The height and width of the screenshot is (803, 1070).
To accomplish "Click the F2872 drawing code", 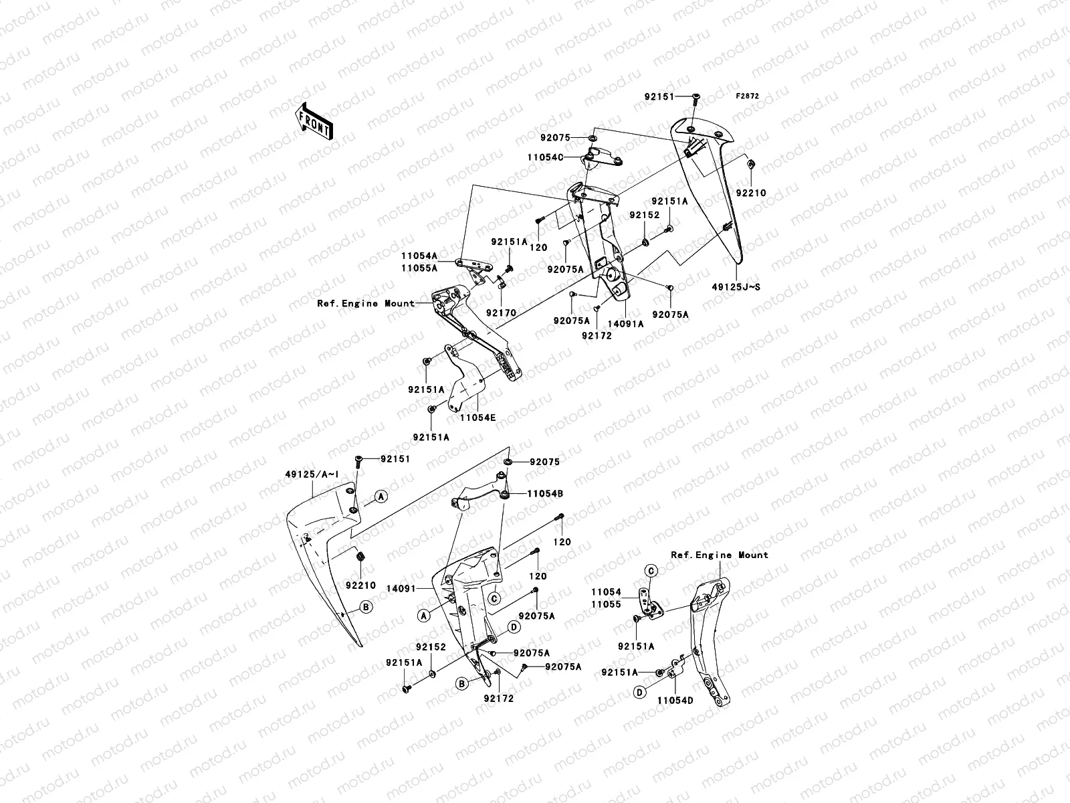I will pos(748,96).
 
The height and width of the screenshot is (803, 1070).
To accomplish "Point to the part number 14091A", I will pos(625,324).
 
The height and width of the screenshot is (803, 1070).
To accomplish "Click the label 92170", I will pos(501,313).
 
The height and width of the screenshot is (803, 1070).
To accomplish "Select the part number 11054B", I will pos(545,493).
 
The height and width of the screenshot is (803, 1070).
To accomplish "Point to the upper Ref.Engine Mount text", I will pos(366,303).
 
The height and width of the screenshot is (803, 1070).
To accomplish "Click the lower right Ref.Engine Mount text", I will pos(720,555).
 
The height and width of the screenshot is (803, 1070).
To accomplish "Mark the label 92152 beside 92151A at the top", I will pos(644,215).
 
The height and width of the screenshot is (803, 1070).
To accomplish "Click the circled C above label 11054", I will pos(651,570).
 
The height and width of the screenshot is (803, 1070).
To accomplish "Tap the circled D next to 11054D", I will pos(640,693).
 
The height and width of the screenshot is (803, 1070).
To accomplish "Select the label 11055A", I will pos(419,268).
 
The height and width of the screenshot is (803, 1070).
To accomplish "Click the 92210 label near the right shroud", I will pos(751,193).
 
